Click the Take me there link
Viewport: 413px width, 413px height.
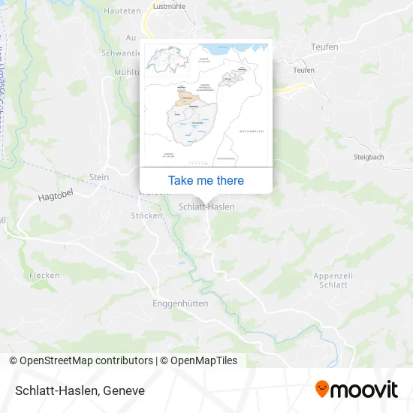click(x=206, y=180)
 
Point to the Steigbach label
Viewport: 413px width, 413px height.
click(x=369, y=157)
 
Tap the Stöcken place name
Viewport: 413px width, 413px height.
click(x=146, y=216)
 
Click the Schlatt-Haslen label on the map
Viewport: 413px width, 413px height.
click(x=206, y=206)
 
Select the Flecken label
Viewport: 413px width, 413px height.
click(x=44, y=276)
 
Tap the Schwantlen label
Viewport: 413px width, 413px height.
click(x=120, y=53)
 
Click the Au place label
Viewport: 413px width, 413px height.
click(x=131, y=37)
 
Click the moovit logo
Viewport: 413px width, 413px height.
click(x=356, y=389)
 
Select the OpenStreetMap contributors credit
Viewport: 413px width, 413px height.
click(x=82, y=360)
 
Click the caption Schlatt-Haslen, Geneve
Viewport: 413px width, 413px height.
click(x=77, y=390)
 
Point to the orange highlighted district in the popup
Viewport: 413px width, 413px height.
click(x=185, y=96)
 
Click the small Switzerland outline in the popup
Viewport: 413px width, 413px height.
click(x=159, y=59)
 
